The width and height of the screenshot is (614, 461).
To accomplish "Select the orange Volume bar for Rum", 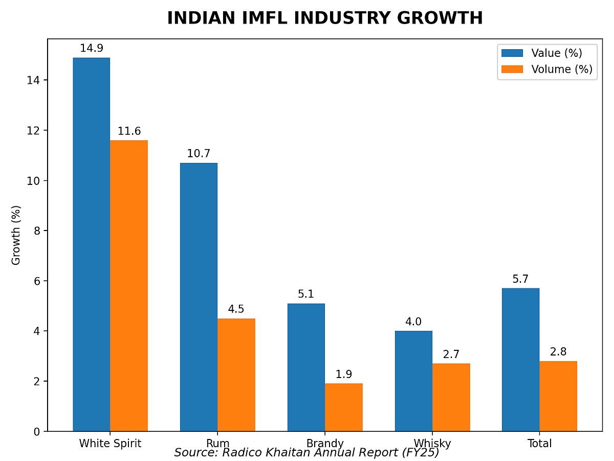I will coord(236,375).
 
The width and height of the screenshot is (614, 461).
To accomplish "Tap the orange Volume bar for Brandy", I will coord(343,407).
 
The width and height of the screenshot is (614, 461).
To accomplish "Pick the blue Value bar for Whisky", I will coord(413,381).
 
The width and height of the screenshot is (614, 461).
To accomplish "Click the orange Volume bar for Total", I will coord(558,396).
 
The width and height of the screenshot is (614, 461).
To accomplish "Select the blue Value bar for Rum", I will coord(199,297).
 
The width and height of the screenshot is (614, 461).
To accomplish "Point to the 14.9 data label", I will coord(92,49).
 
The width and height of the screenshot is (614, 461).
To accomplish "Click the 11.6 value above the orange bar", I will coord(129,131).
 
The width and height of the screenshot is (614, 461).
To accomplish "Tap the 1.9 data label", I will coord(343,374).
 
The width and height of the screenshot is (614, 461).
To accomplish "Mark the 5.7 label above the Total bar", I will coord(520,279).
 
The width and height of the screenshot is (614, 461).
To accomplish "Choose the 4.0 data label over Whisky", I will coord(413,322).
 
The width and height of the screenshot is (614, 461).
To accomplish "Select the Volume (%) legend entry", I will coord(547,69).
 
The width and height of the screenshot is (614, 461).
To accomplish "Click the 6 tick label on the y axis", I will coord(37,281).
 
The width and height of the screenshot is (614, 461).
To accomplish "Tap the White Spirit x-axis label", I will coord(110,443).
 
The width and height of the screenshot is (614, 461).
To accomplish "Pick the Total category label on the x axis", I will coord(539,443).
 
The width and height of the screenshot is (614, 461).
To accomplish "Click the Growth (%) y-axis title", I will coord(16,235).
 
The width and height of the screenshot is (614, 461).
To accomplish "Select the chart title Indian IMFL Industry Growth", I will coord(325,18).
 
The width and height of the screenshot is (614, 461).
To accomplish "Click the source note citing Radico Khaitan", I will coord(306,453).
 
